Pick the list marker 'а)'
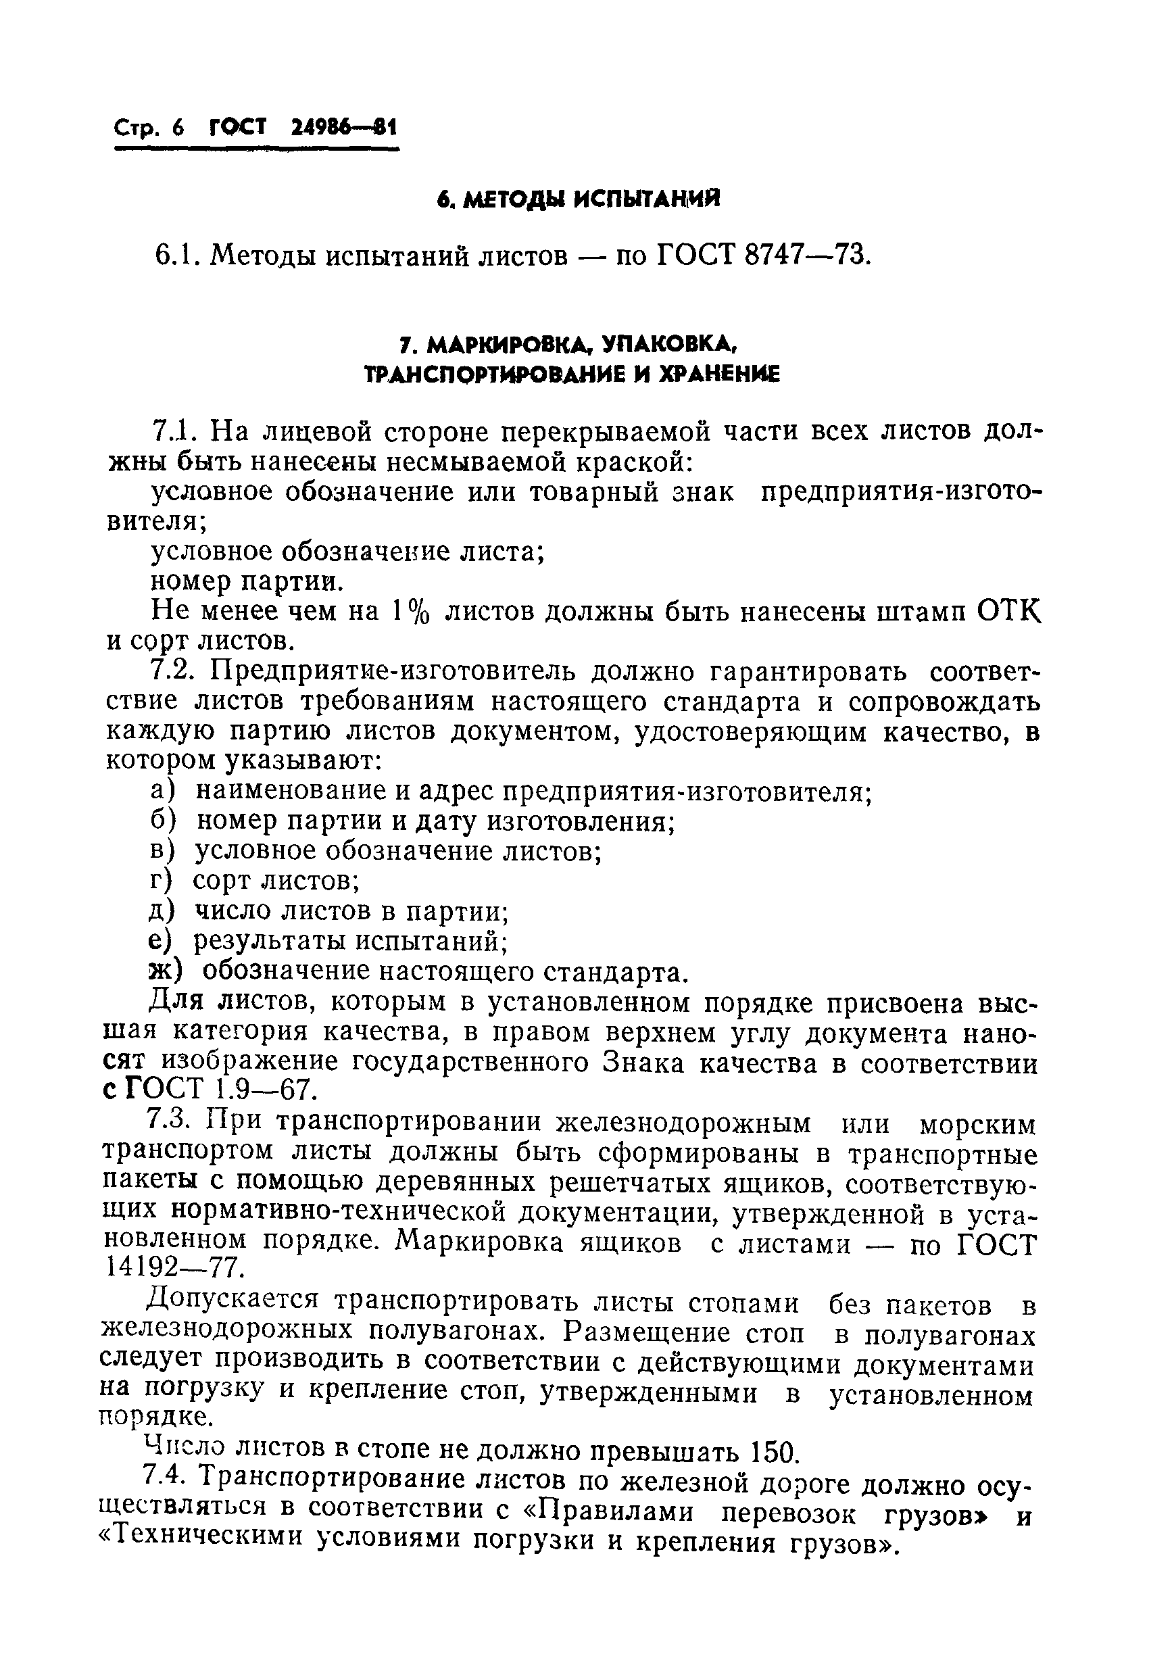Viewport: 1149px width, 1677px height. [163, 792]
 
